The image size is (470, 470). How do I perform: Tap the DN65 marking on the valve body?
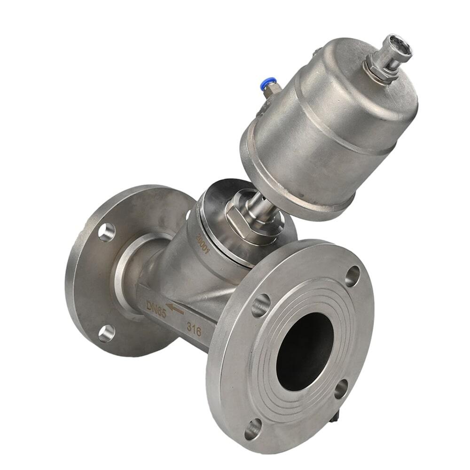156,310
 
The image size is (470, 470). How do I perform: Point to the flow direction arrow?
174,309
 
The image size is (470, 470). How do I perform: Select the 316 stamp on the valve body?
194,329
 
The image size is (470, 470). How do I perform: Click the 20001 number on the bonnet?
203,243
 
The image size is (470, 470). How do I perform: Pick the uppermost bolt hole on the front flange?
352,275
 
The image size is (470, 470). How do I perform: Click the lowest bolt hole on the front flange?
253,429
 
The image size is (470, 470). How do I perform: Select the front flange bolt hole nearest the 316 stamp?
261,305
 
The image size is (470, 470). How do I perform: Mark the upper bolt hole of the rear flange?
107,232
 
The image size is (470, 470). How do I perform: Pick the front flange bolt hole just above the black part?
341,388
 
